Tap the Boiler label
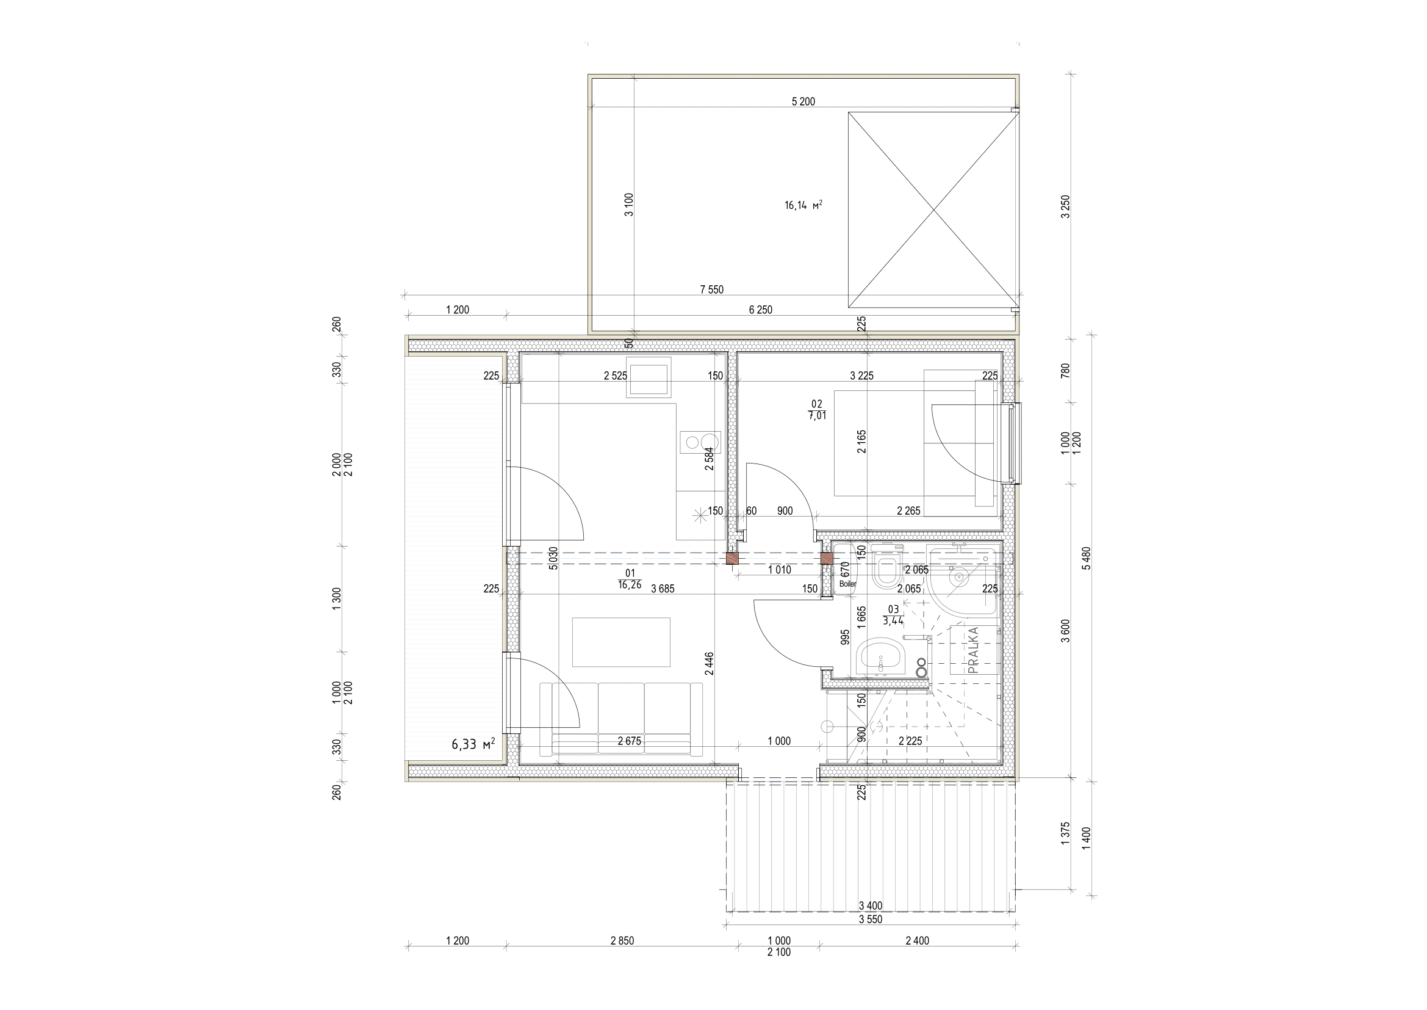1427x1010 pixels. (x=847, y=584)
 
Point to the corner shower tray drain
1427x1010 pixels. (x=960, y=577)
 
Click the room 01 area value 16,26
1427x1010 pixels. (x=630, y=585)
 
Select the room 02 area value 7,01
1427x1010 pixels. (x=817, y=416)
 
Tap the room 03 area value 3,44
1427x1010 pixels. (x=893, y=619)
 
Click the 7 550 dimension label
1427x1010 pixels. (x=711, y=290)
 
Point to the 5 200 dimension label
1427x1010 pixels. (x=803, y=102)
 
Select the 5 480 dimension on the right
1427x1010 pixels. (x=1086, y=558)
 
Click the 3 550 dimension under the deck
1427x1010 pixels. (x=869, y=920)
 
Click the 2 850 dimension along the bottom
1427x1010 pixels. (x=622, y=941)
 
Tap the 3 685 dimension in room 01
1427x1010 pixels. (x=663, y=589)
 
